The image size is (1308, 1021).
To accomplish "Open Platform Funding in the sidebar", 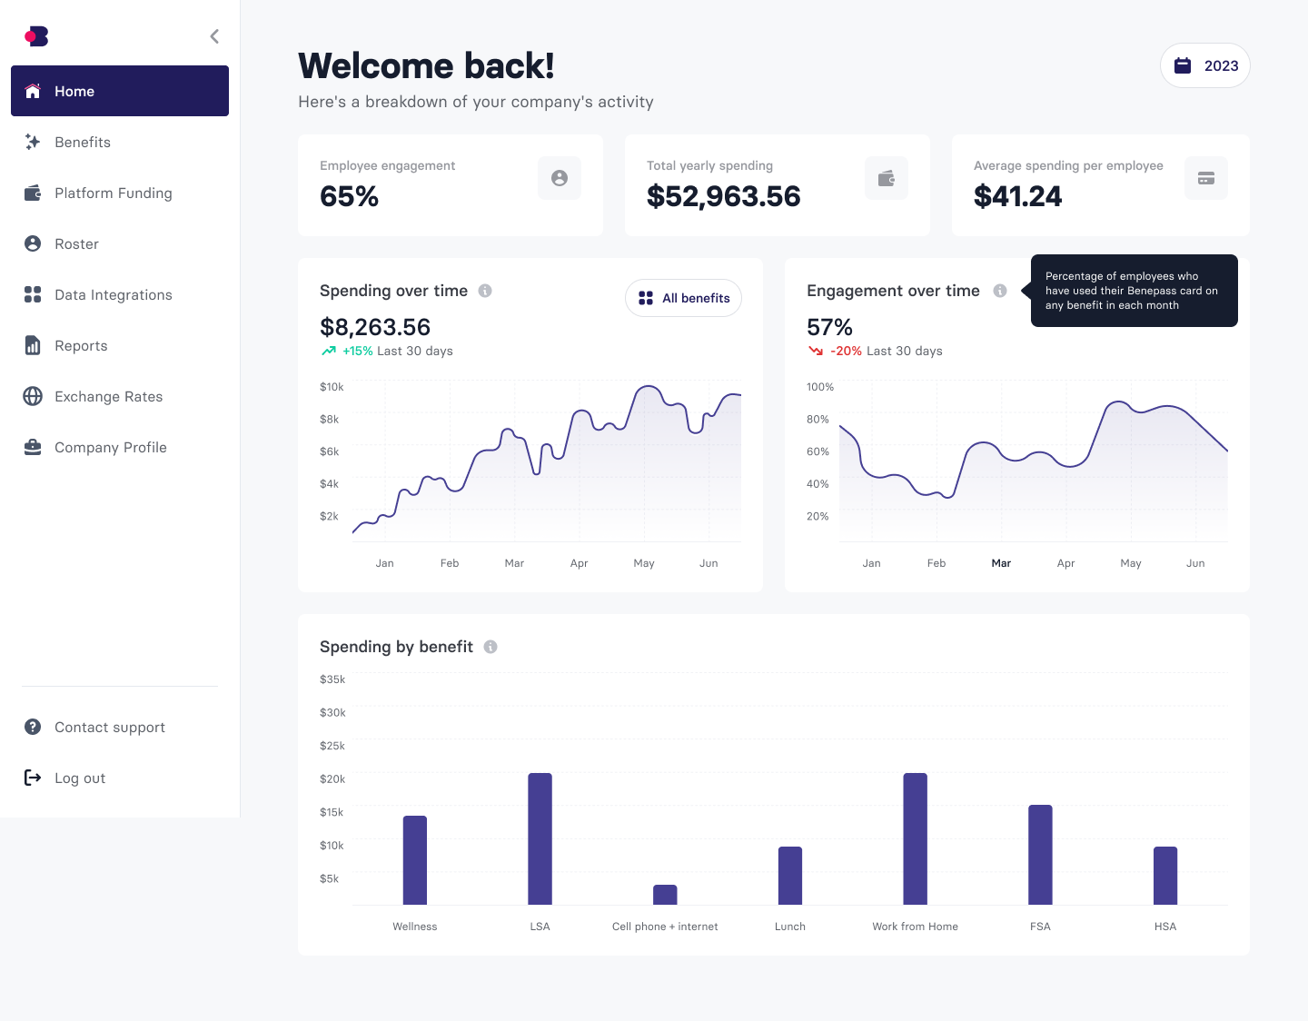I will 113,193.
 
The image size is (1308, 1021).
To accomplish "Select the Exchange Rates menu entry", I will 108,396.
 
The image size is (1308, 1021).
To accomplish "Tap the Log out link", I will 80,778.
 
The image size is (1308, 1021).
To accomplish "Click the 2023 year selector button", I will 1204,65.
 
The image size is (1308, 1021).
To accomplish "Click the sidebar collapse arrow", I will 214,36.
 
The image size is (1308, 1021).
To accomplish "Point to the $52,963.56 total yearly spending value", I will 723,196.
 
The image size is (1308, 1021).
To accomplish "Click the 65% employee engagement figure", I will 349,196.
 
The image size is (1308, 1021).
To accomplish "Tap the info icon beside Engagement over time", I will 999,291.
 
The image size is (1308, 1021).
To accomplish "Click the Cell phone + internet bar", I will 665,895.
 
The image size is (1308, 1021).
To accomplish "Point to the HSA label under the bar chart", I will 1164,927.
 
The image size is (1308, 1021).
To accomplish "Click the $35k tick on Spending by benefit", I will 332,679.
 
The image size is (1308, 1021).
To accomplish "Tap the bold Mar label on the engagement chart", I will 1001,563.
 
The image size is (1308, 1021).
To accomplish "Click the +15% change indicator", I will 357,351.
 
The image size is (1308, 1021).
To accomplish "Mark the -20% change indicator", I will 846,351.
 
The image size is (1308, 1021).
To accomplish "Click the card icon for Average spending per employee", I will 1205,178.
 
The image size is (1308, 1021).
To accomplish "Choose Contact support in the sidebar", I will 109,727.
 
